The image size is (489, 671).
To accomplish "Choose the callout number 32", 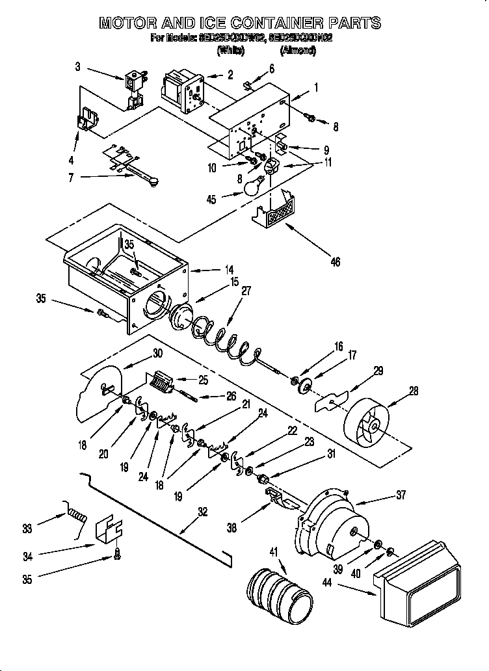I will coord(202,512).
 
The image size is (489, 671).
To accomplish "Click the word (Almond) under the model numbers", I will coord(298,51).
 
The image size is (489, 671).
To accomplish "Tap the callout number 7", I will coord(72,177).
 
